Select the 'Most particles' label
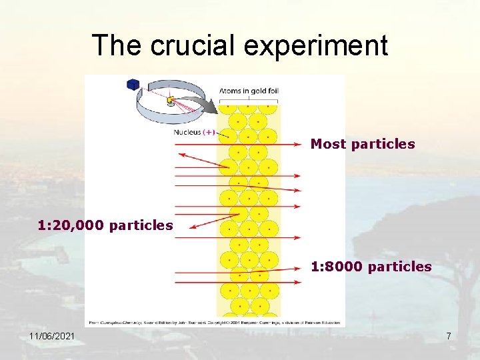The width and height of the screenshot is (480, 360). tap(363, 144)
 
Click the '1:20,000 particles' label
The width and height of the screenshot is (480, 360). tap(105, 225)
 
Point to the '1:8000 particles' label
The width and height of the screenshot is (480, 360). tap(371, 267)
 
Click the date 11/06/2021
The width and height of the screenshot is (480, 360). tap(52, 337)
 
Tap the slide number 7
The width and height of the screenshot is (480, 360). tap(449, 337)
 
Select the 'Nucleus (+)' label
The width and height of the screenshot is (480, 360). tap(194, 132)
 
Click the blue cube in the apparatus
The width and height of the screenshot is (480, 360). tap(133, 85)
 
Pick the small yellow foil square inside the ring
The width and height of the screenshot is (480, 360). tap(171, 101)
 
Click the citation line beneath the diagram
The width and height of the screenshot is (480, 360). tap(213, 321)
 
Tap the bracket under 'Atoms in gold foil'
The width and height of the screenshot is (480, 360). tap(249, 99)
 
